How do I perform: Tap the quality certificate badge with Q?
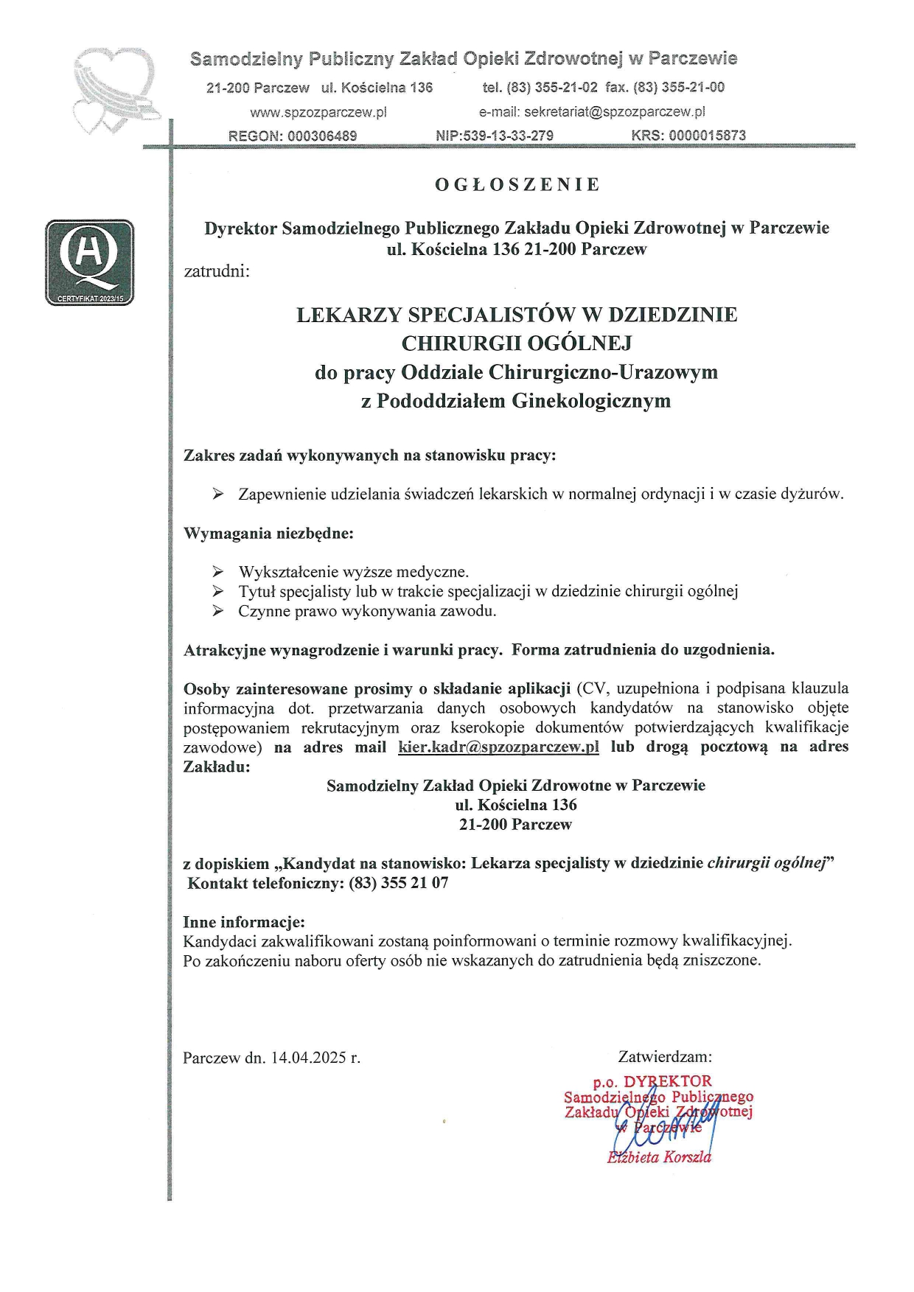click(x=90, y=262)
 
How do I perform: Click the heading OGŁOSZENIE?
click(x=517, y=185)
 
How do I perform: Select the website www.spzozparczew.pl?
click(x=318, y=113)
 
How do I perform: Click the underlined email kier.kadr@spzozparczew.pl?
click(x=498, y=747)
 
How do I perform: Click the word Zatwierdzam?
click(x=665, y=1057)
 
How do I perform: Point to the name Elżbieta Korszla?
click(x=659, y=1157)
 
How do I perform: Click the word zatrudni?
click(x=217, y=270)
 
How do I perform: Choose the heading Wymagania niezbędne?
click(x=268, y=533)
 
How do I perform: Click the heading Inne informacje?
click(x=244, y=921)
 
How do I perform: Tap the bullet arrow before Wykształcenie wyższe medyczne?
click(x=217, y=571)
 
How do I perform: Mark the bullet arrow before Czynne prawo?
click(x=217, y=610)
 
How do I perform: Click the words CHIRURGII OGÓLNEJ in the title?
click(x=517, y=343)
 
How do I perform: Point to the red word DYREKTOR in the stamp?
click(x=668, y=1081)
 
